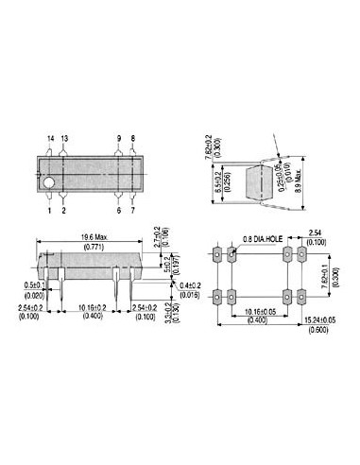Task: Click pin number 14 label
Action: [x=50, y=138]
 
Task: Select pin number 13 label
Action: [x=64, y=138]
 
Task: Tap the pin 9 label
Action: [x=119, y=138]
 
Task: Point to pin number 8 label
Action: [x=133, y=138]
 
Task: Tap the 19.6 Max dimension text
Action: [x=93, y=237]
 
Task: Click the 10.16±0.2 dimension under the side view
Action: [x=92, y=307]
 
